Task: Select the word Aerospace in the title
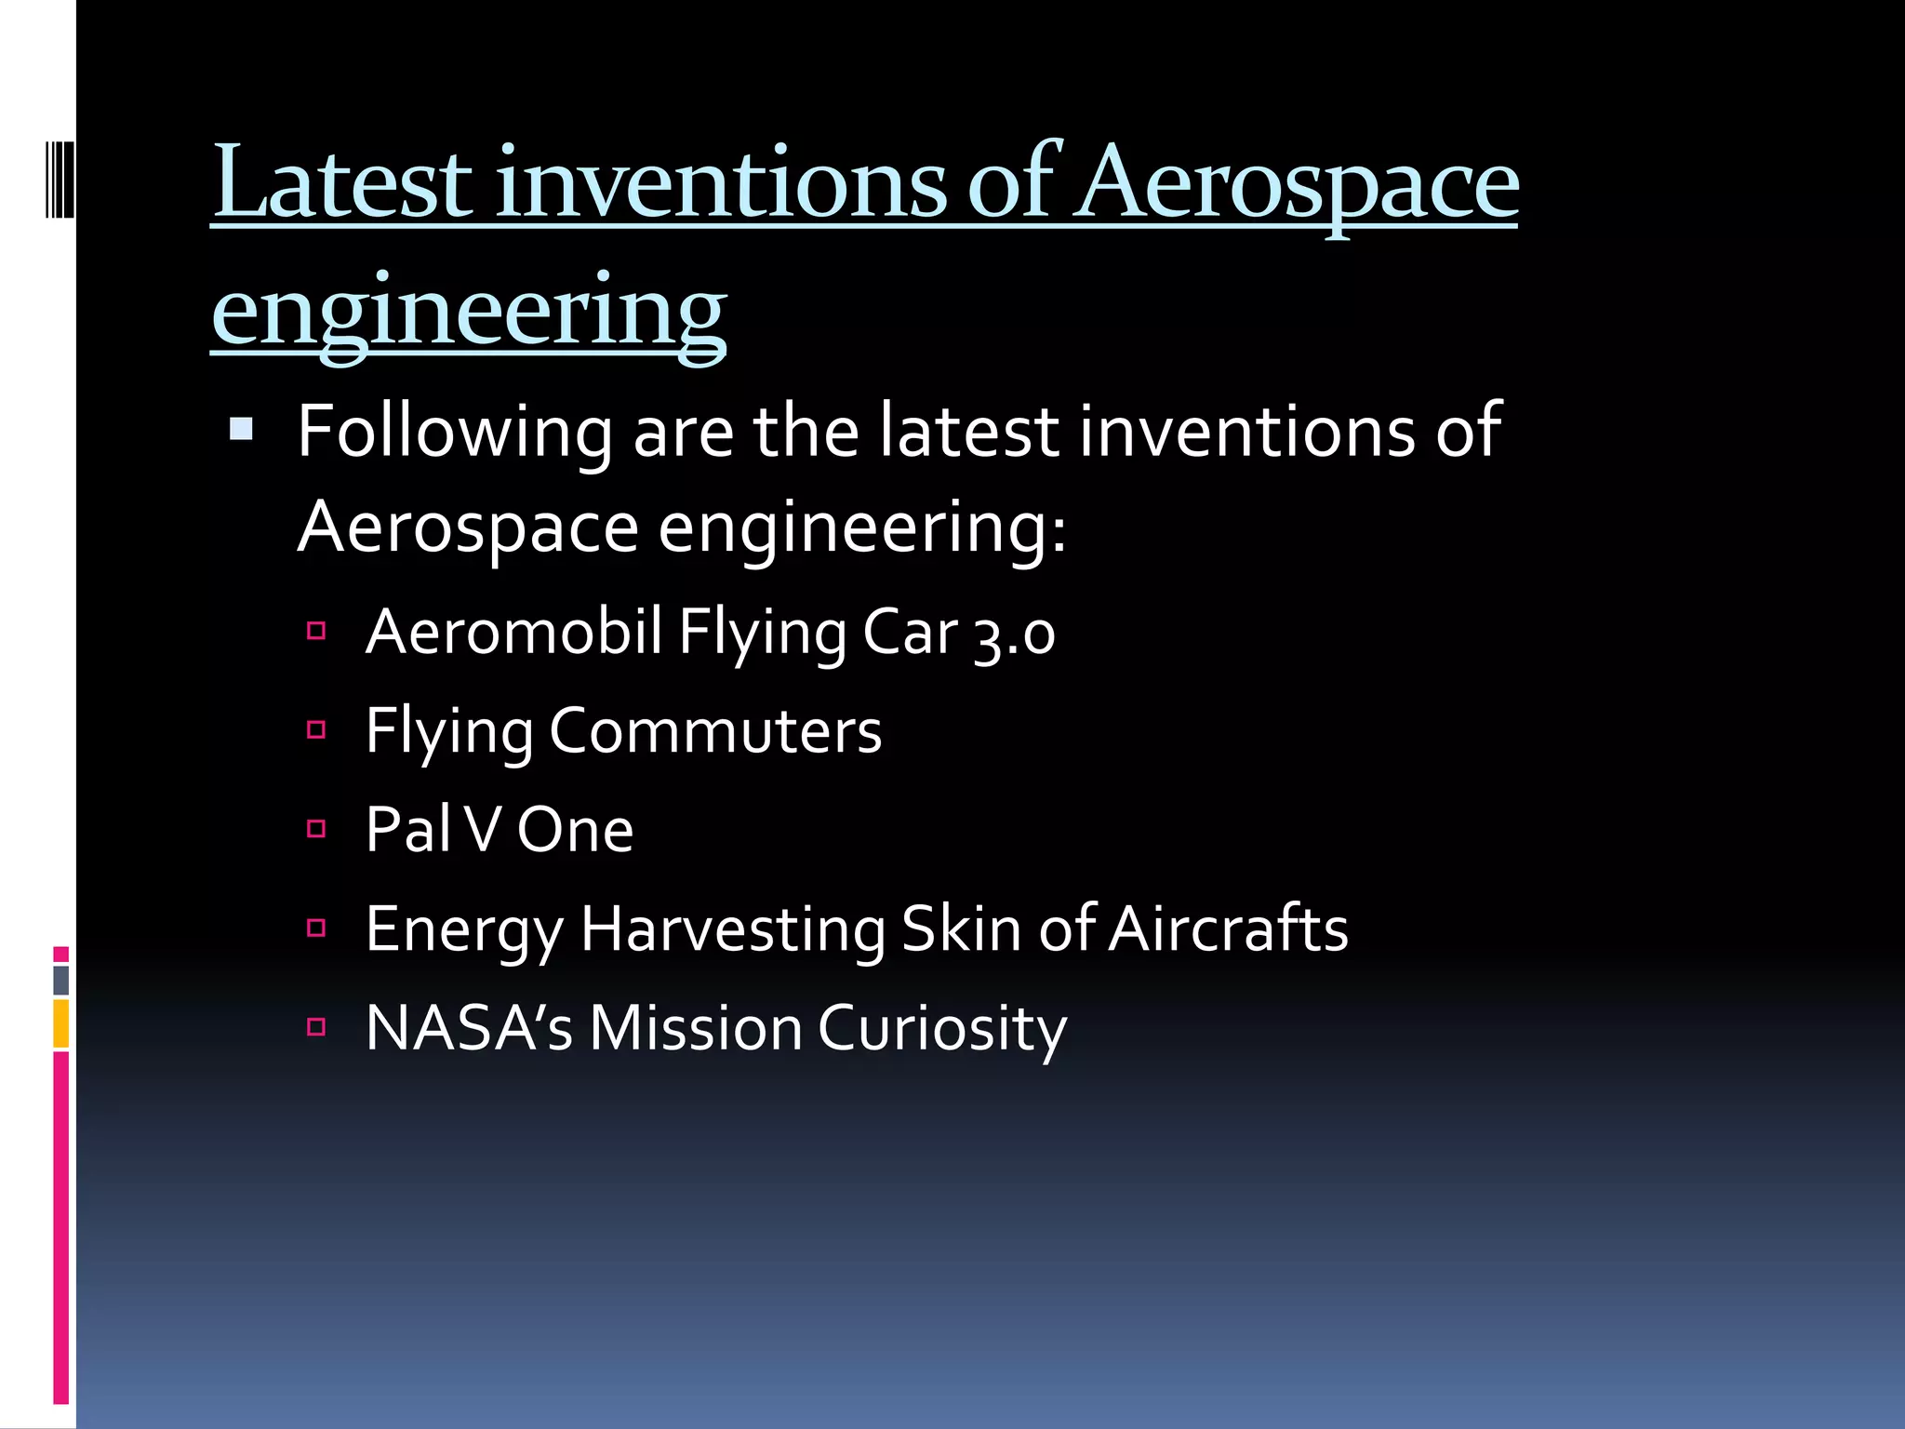pyautogui.click(x=1297, y=183)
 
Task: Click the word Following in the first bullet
pyautogui.click(x=453, y=433)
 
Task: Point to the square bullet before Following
pyautogui.click(x=241, y=429)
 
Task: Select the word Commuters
pyautogui.click(x=714, y=731)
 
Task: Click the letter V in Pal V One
pyautogui.click(x=483, y=830)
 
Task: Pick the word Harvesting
pyautogui.click(x=732, y=929)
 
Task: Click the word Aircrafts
pyautogui.click(x=1227, y=929)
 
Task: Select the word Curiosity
pyautogui.click(x=941, y=1029)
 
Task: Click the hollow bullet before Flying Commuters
pyautogui.click(x=316, y=730)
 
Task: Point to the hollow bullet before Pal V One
pyautogui.click(x=316, y=829)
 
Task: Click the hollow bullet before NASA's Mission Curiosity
pyautogui.click(x=316, y=1027)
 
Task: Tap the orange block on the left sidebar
pyautogui.click(x=60, y=1023)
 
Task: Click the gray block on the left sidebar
pyautogui.click(x=60, y=980)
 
